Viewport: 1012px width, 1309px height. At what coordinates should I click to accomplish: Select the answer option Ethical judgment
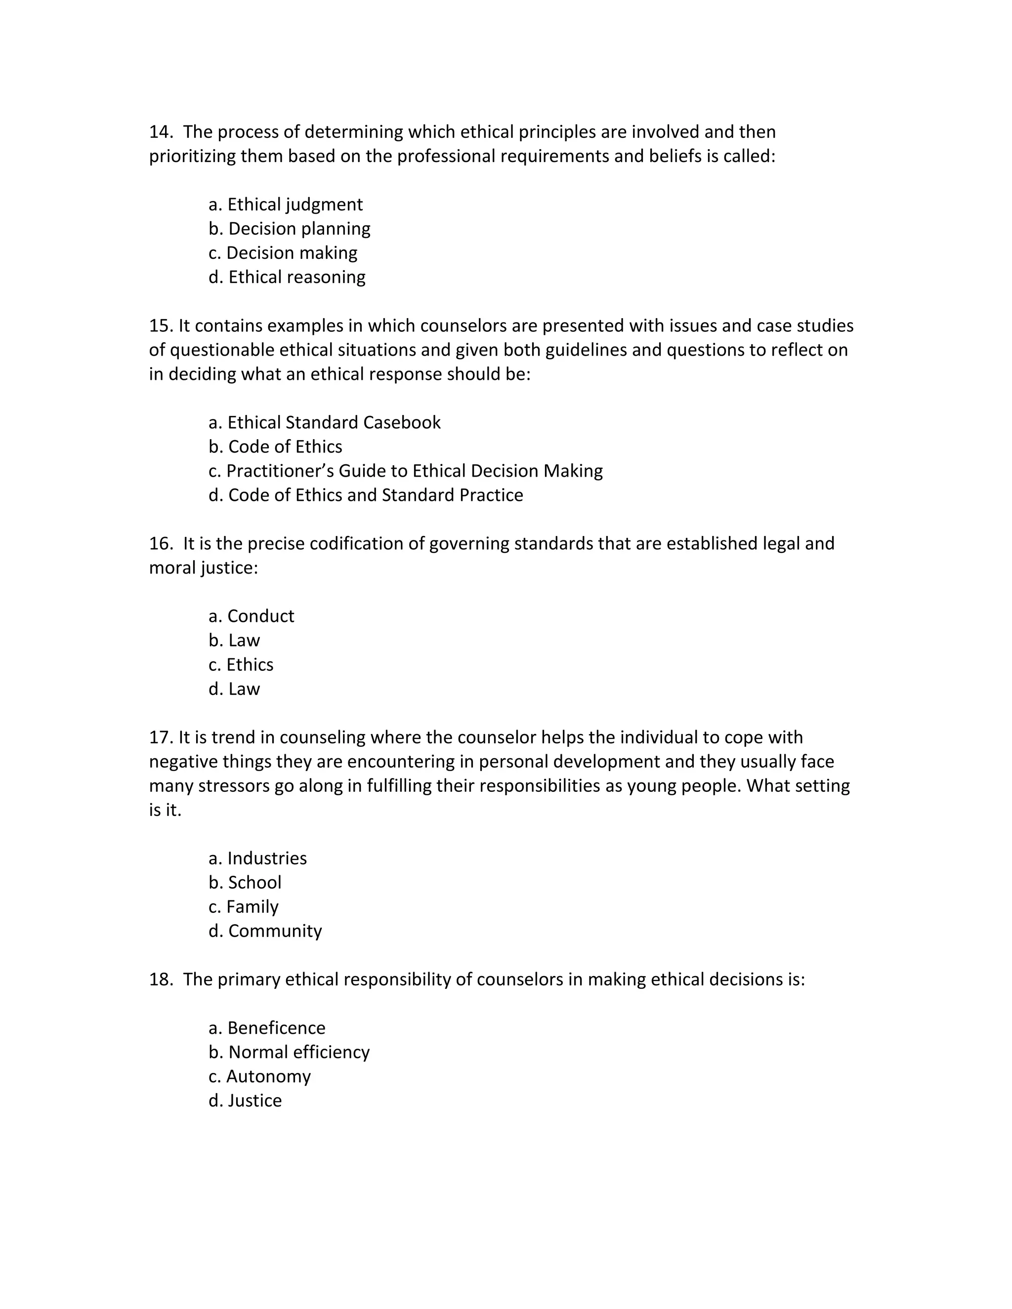(286, 205)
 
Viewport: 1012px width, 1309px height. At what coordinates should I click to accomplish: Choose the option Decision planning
(290, 228)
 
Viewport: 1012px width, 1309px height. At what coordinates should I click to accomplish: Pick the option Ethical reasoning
(287, 277)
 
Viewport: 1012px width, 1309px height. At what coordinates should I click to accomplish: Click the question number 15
(161, 326)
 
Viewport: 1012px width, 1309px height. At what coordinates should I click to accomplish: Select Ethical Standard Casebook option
(324, 422)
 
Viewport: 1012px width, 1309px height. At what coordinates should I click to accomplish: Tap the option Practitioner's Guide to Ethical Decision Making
(405, 470)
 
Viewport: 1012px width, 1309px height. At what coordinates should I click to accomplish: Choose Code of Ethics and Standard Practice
(366, 495)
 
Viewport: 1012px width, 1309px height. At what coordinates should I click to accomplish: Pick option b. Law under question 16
(234, 640)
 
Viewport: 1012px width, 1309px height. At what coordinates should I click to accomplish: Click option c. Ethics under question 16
(241, 665)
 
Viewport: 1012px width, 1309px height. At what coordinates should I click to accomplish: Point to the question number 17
(161, 737)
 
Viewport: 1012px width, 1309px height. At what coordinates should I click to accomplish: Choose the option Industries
(258, 859)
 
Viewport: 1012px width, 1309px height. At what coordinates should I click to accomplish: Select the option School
(245, 882)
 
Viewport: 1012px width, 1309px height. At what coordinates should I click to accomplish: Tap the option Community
(265, 931)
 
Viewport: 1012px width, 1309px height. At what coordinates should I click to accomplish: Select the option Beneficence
(267, 1028)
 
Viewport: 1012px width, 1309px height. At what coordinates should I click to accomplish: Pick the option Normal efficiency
(290, 1052)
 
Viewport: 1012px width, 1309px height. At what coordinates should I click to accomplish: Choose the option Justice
(245, 1101)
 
